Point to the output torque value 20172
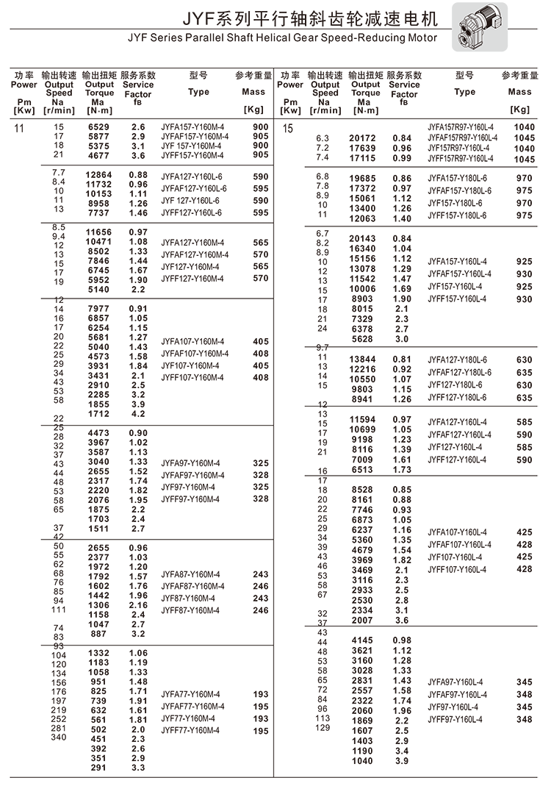click(362, 138)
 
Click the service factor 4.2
click(138, 414)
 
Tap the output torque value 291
click(98, 768)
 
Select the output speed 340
click(58, 737)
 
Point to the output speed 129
click(322, 728)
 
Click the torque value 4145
click(362, 640)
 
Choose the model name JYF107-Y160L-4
click(455, 557)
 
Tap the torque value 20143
click(362, 239)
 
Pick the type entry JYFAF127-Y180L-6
click(459, 373)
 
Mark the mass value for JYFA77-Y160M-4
click(260, 695)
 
